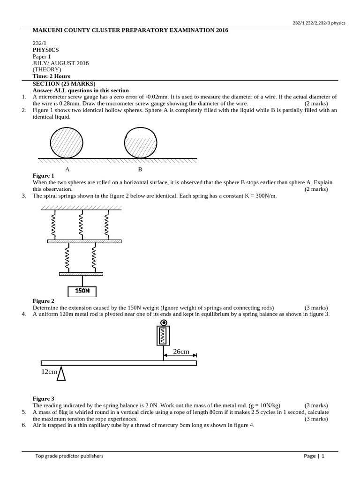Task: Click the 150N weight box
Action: (x=82, y=291)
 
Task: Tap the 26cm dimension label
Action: (x=180, y=352)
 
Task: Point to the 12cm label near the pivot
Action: (x=49, y=372)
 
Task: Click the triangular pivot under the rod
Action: (x=61, y=373)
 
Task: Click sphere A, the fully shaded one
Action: (x=67, y=142)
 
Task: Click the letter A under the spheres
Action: (x=67, y=169)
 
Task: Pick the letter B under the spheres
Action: (x=140, y=169)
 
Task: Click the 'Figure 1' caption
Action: (x=43, y=176)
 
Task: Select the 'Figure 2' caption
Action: (x=43, y=301)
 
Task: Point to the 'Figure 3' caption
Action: (x=43, y=398)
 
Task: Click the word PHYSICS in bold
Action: (x=45, y=50)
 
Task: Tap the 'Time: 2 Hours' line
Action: (x=51, y=76)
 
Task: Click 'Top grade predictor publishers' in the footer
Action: (x=69, y=456)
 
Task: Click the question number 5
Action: (x=24, y=412)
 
